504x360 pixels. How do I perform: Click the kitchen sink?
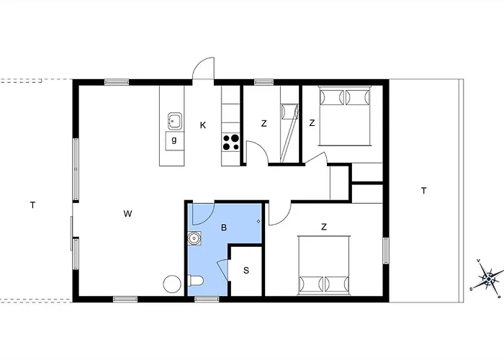[174, 121]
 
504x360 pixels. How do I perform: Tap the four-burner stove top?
[231, 142]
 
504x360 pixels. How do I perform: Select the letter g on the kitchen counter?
[174, 140]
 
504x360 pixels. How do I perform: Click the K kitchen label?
[203, 125]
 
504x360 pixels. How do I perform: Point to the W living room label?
[127, 213]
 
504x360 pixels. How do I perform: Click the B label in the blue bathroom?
[224, 228]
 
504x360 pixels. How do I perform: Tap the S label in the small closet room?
[246, 270]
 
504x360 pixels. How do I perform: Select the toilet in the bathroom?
[195, 281]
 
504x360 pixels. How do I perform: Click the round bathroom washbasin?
[194, 238]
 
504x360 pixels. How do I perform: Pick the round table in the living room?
[172, 284]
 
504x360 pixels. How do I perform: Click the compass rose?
[488, 278]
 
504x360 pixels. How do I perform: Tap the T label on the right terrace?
[424, 191]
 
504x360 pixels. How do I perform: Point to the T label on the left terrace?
[32, 205]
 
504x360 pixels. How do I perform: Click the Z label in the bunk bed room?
[264, 123]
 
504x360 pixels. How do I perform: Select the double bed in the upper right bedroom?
[346, 116]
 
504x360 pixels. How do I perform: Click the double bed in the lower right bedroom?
[324, 266]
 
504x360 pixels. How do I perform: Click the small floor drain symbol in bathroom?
[258, 221]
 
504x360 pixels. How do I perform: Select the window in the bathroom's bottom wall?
[207, 300]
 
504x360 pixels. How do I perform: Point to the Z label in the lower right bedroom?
[324, 227]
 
